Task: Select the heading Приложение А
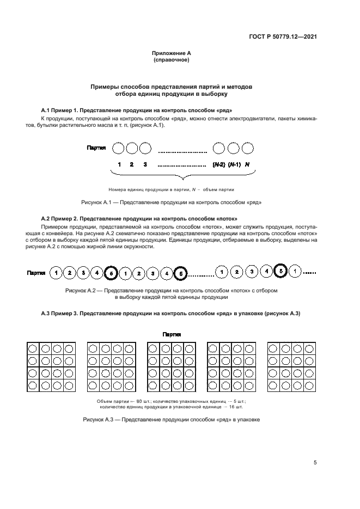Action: click(x=171, y=53)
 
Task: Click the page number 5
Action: click(x=315, y=463)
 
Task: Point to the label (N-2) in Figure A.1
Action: click(x=218, y=164)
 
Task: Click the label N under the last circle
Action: click(x=248, y=164)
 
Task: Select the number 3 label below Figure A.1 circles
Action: click(x=145, y=164)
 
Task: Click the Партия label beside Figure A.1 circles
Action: click(x=96, y=148)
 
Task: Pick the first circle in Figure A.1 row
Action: click(x=118, y=148)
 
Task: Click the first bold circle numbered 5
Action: click(x=110, y=272)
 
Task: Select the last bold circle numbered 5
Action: click(x=280, y=271)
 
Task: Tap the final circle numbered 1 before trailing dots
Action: click(x=294, y=271)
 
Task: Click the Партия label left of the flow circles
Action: click(x=36, y=272)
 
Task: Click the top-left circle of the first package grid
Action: click(x=33, y=348)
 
